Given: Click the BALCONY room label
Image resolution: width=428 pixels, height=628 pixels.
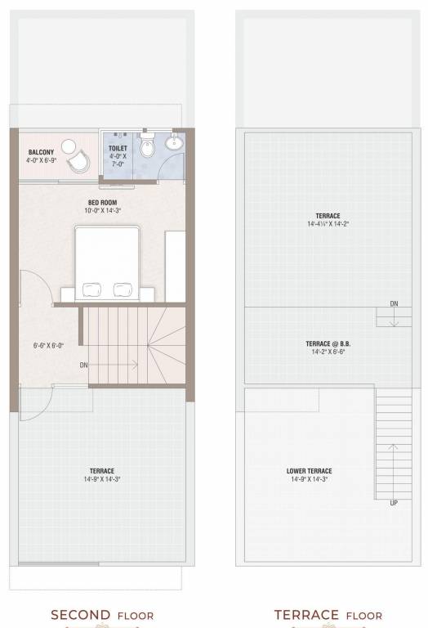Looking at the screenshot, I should (42, 153).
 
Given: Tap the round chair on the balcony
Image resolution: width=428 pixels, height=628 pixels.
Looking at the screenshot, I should (78, 159).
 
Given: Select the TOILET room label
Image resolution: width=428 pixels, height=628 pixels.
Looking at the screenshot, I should (118, 149).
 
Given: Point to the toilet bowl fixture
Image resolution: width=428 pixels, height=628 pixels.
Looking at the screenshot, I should (146, 148).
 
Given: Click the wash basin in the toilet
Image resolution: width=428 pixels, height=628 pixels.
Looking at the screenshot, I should (175, 145).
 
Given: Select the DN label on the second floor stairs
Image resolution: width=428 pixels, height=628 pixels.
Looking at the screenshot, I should (83, 365).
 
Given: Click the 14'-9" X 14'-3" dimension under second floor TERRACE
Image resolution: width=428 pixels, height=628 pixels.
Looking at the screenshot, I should (102, 478).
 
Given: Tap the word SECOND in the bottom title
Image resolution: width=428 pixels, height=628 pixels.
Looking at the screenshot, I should (79, 615).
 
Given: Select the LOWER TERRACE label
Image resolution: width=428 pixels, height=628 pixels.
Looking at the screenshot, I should (310, 471).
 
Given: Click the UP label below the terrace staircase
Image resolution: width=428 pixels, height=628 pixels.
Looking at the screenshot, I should (394, 503).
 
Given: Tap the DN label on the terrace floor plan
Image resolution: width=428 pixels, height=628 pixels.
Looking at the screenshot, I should (394, 303).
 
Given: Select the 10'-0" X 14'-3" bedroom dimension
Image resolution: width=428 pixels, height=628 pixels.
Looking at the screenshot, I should (102, 210).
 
